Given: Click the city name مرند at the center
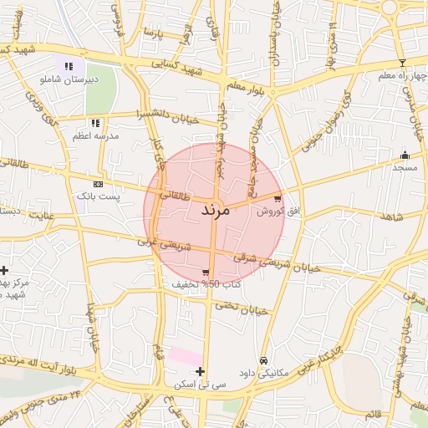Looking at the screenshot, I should [x=214, y=210].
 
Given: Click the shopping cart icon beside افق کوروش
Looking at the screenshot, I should [x=278, y=199].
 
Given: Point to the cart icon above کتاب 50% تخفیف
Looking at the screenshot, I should [x=206, y=273].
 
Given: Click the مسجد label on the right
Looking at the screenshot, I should [x=405, y=168].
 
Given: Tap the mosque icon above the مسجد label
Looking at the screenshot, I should [x=405, y=155].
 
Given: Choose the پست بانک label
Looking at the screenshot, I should [x=99, y=196].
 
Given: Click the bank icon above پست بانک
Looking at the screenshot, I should [x=99, y=183].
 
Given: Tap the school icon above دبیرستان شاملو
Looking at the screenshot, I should [x=69, y=65].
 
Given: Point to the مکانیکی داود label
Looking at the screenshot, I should [x=264, y=373].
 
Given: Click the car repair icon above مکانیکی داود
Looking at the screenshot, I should [x=264, y=360].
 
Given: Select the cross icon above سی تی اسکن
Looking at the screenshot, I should [x=200, y=371].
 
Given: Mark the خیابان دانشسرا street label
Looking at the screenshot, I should [x=176, y=117].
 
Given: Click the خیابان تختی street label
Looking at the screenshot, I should [x=243, y=308].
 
